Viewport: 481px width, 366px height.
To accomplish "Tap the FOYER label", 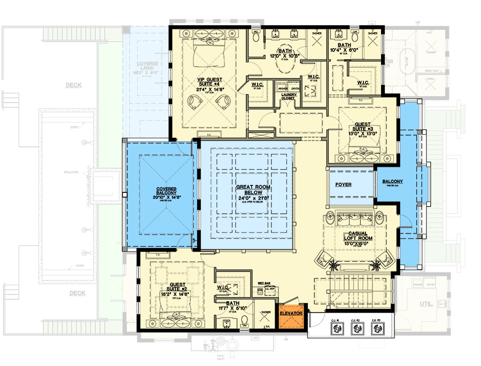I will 343,184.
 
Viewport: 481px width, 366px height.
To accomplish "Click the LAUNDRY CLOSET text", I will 288,96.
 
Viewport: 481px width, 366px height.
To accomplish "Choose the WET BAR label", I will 262,283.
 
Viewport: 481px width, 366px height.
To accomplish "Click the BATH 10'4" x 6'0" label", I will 344,48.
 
